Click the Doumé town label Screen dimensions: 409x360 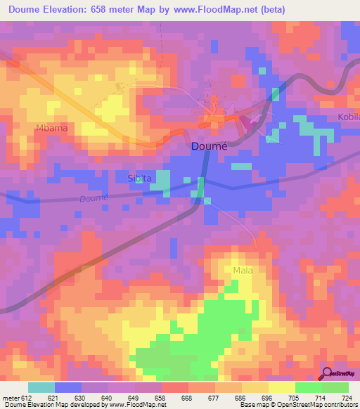(209, 148)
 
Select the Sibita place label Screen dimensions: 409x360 (140, 178)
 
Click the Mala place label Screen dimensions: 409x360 (243, 270)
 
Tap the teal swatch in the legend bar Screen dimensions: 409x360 (41, 387)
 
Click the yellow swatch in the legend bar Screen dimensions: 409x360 (282, 387)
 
